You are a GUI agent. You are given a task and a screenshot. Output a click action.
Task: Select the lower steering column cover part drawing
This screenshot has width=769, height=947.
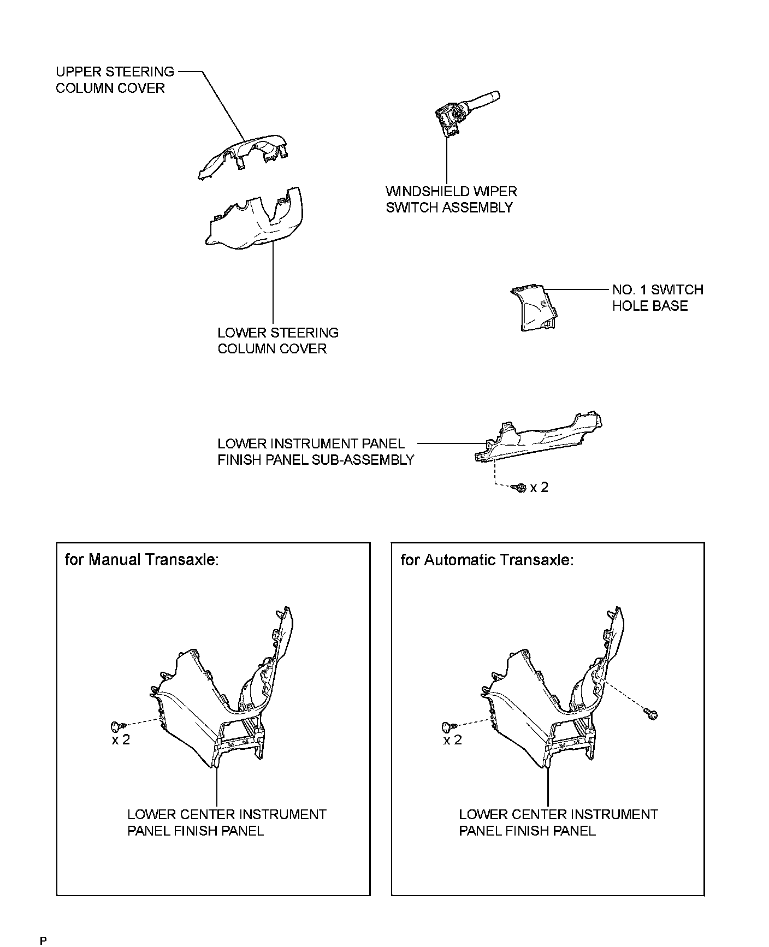click(x=257, y=224)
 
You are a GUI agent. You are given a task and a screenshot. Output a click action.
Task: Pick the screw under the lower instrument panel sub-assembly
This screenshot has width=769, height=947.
click(x=520, y=487)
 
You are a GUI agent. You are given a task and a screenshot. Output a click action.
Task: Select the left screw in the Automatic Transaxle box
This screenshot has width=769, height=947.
click(x=448, y=726)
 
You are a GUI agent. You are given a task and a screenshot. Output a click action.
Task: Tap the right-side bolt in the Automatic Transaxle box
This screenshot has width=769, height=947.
click(x=651, y=713)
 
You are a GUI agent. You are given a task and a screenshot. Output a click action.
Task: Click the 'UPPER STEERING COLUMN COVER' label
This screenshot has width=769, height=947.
click(x=115, y=80)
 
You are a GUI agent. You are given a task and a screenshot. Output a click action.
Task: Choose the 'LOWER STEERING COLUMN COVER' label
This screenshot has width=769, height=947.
click(x=277, y=341)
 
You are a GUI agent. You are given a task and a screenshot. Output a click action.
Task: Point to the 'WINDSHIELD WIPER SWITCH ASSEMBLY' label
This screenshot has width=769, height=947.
click(x=451, y=199)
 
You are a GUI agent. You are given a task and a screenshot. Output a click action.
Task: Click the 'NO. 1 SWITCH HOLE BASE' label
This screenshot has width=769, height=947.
click(x=657, y=298)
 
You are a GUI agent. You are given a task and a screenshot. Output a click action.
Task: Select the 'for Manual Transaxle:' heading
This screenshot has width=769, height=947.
click(x=141, y=560)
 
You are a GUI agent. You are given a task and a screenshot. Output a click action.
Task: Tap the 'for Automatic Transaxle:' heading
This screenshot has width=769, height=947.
click(x=487, y=560)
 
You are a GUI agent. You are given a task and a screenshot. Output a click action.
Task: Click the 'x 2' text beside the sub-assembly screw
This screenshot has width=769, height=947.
click(x=539, y=487)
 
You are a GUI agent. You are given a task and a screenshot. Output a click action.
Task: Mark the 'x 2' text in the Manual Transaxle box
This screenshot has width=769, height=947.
click(x=121, y=740)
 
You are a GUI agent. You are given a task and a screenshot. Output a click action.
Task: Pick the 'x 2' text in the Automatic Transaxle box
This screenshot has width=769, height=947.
click(x=452, y=740)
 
